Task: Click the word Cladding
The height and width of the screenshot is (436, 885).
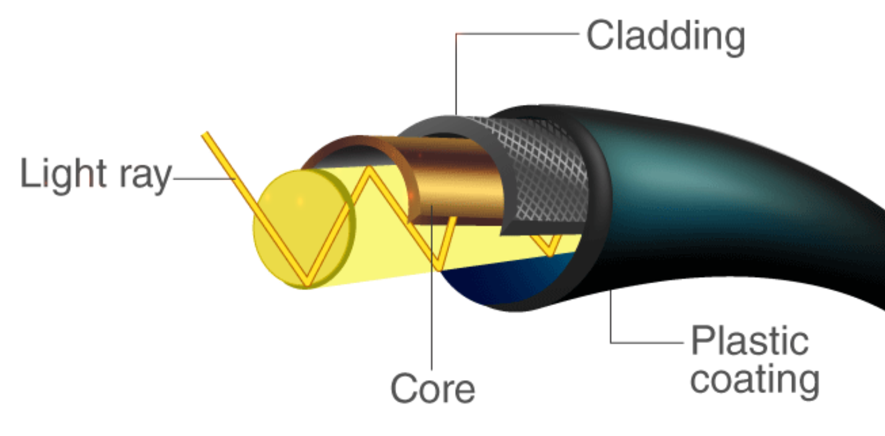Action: click(665, 37)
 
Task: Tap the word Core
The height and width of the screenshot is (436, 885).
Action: click(432, 388)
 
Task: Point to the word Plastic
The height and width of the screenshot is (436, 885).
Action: click(750, 341)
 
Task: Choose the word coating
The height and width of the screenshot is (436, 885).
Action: click(754, 378)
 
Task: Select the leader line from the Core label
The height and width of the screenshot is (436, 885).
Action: click(432, 298)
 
